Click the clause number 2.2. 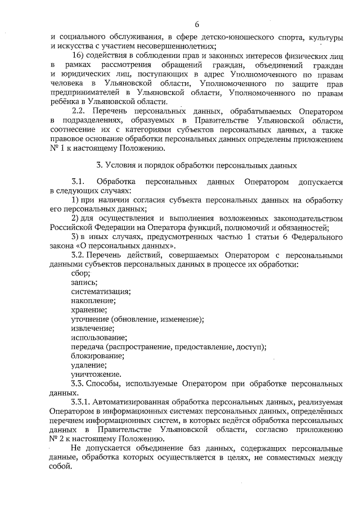coord(80,112)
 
